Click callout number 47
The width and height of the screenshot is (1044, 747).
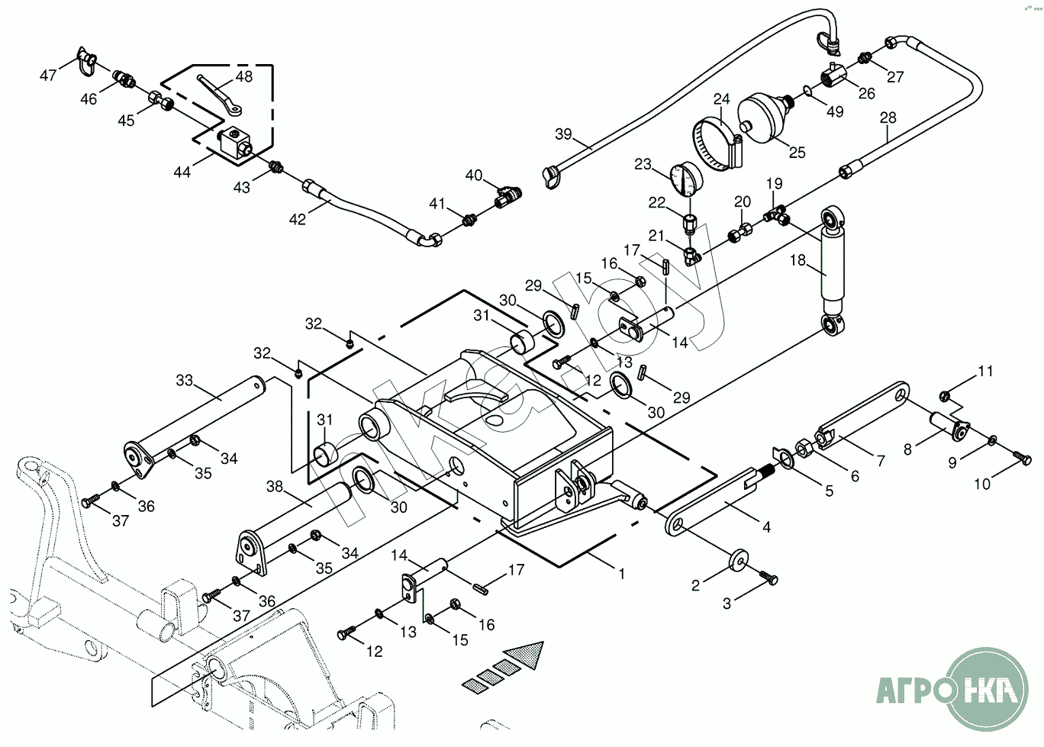[x=48, y=75]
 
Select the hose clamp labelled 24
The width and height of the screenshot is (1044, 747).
[x=718, y=143]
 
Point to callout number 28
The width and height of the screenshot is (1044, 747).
[x=888, y=118]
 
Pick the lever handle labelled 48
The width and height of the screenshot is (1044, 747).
[x=219, y=89]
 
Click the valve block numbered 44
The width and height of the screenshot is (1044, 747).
[x=233, y=142]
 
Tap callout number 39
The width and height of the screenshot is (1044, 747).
[x=563, y=134]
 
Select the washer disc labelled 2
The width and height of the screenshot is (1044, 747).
[x=738, y=559]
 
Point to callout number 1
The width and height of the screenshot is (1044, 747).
[x=621, y=573]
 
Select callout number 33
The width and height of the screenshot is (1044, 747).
[x=185, y=379]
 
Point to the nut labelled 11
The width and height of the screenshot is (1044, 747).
[x=944, y=395]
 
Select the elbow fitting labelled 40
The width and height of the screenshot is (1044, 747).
[x=504, y=197]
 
